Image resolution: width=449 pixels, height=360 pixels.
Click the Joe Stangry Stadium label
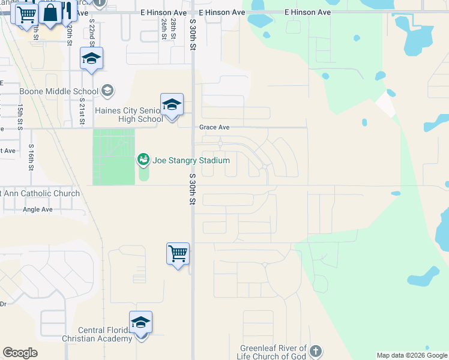191,160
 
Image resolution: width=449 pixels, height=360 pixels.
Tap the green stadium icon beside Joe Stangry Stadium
143,160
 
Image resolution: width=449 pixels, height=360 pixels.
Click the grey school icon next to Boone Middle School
107,91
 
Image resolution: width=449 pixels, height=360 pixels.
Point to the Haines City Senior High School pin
172,105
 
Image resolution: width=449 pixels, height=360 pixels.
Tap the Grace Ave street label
215,127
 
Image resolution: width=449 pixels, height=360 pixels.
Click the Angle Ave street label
38,209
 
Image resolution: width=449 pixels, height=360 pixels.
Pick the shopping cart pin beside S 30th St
178,253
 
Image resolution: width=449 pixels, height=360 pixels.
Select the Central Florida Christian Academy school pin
140,323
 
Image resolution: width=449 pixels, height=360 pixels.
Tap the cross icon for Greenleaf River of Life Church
316,351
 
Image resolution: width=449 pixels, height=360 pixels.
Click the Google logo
20,353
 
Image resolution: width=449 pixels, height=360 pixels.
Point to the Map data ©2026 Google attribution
412,355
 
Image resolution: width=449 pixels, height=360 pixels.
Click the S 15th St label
20,116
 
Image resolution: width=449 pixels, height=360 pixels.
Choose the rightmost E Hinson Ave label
308,12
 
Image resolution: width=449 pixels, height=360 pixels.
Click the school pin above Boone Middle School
91,59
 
